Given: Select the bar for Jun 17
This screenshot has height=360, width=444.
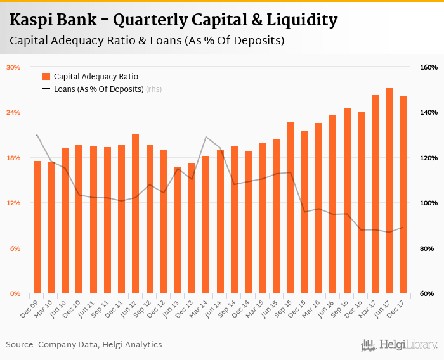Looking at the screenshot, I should [389, 190].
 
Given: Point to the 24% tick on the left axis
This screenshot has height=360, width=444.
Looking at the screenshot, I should [13, 112].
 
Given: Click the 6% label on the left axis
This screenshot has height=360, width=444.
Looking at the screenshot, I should [15, 248].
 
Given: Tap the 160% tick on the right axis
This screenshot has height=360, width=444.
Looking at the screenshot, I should [429, 67].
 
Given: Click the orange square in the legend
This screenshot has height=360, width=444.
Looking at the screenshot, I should [46, 77].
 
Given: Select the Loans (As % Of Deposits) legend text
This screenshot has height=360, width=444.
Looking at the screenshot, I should [99, 89].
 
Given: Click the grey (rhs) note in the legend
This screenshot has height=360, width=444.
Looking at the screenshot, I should [153, 89].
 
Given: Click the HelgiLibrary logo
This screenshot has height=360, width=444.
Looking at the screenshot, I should [400, 345].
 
